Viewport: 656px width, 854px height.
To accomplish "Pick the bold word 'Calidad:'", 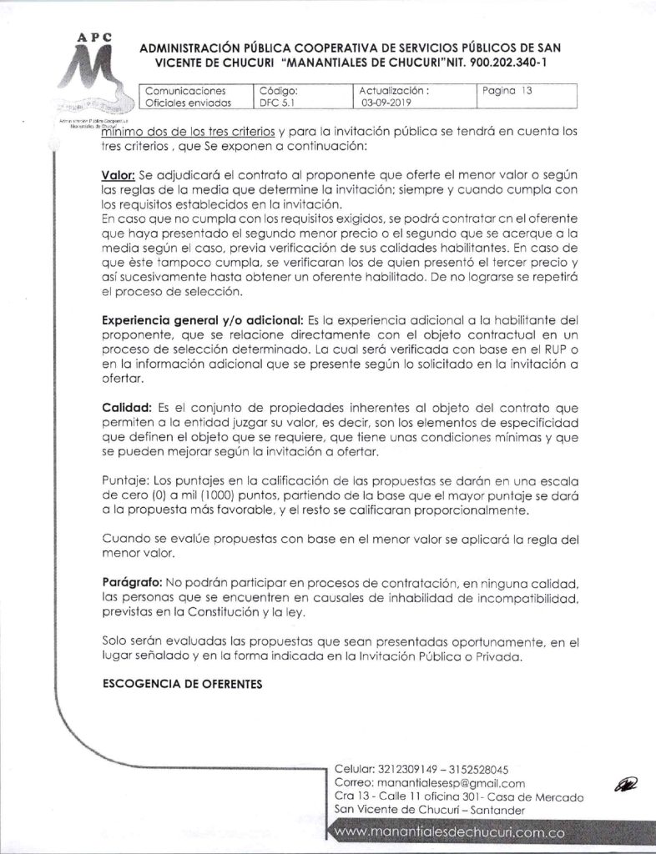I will (x=126, y=407).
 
